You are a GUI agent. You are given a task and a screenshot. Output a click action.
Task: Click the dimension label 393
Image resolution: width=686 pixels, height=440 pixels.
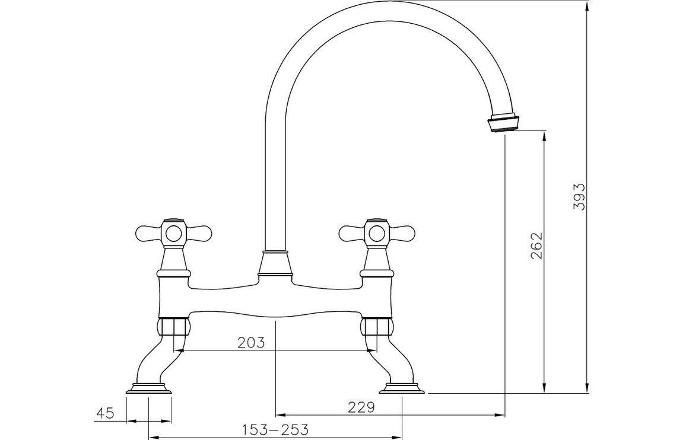(579, 197)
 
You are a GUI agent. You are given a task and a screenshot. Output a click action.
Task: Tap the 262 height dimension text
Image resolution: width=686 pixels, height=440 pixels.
(537, 245)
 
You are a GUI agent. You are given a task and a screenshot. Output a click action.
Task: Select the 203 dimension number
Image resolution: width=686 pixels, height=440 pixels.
(251, 342)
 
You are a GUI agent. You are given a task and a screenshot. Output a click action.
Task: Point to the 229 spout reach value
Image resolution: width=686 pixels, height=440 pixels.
(361, 407)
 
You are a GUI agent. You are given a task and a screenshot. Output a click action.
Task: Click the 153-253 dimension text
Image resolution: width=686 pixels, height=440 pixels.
(275, 429)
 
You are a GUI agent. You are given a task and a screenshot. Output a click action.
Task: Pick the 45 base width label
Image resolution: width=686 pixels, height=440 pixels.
(105, 413)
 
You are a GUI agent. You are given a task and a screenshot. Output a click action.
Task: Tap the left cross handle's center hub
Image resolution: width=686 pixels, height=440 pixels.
(174, 232)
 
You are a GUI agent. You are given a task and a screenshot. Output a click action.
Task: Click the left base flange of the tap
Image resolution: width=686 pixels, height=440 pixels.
(148, 388)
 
